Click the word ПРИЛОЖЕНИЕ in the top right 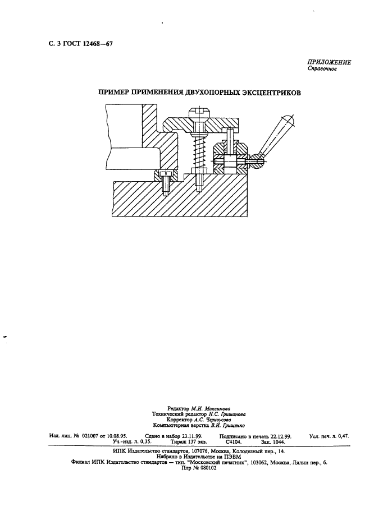(329, 62)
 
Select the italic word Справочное (322, 69)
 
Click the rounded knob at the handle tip (288, 120)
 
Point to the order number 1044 (279, 442)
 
